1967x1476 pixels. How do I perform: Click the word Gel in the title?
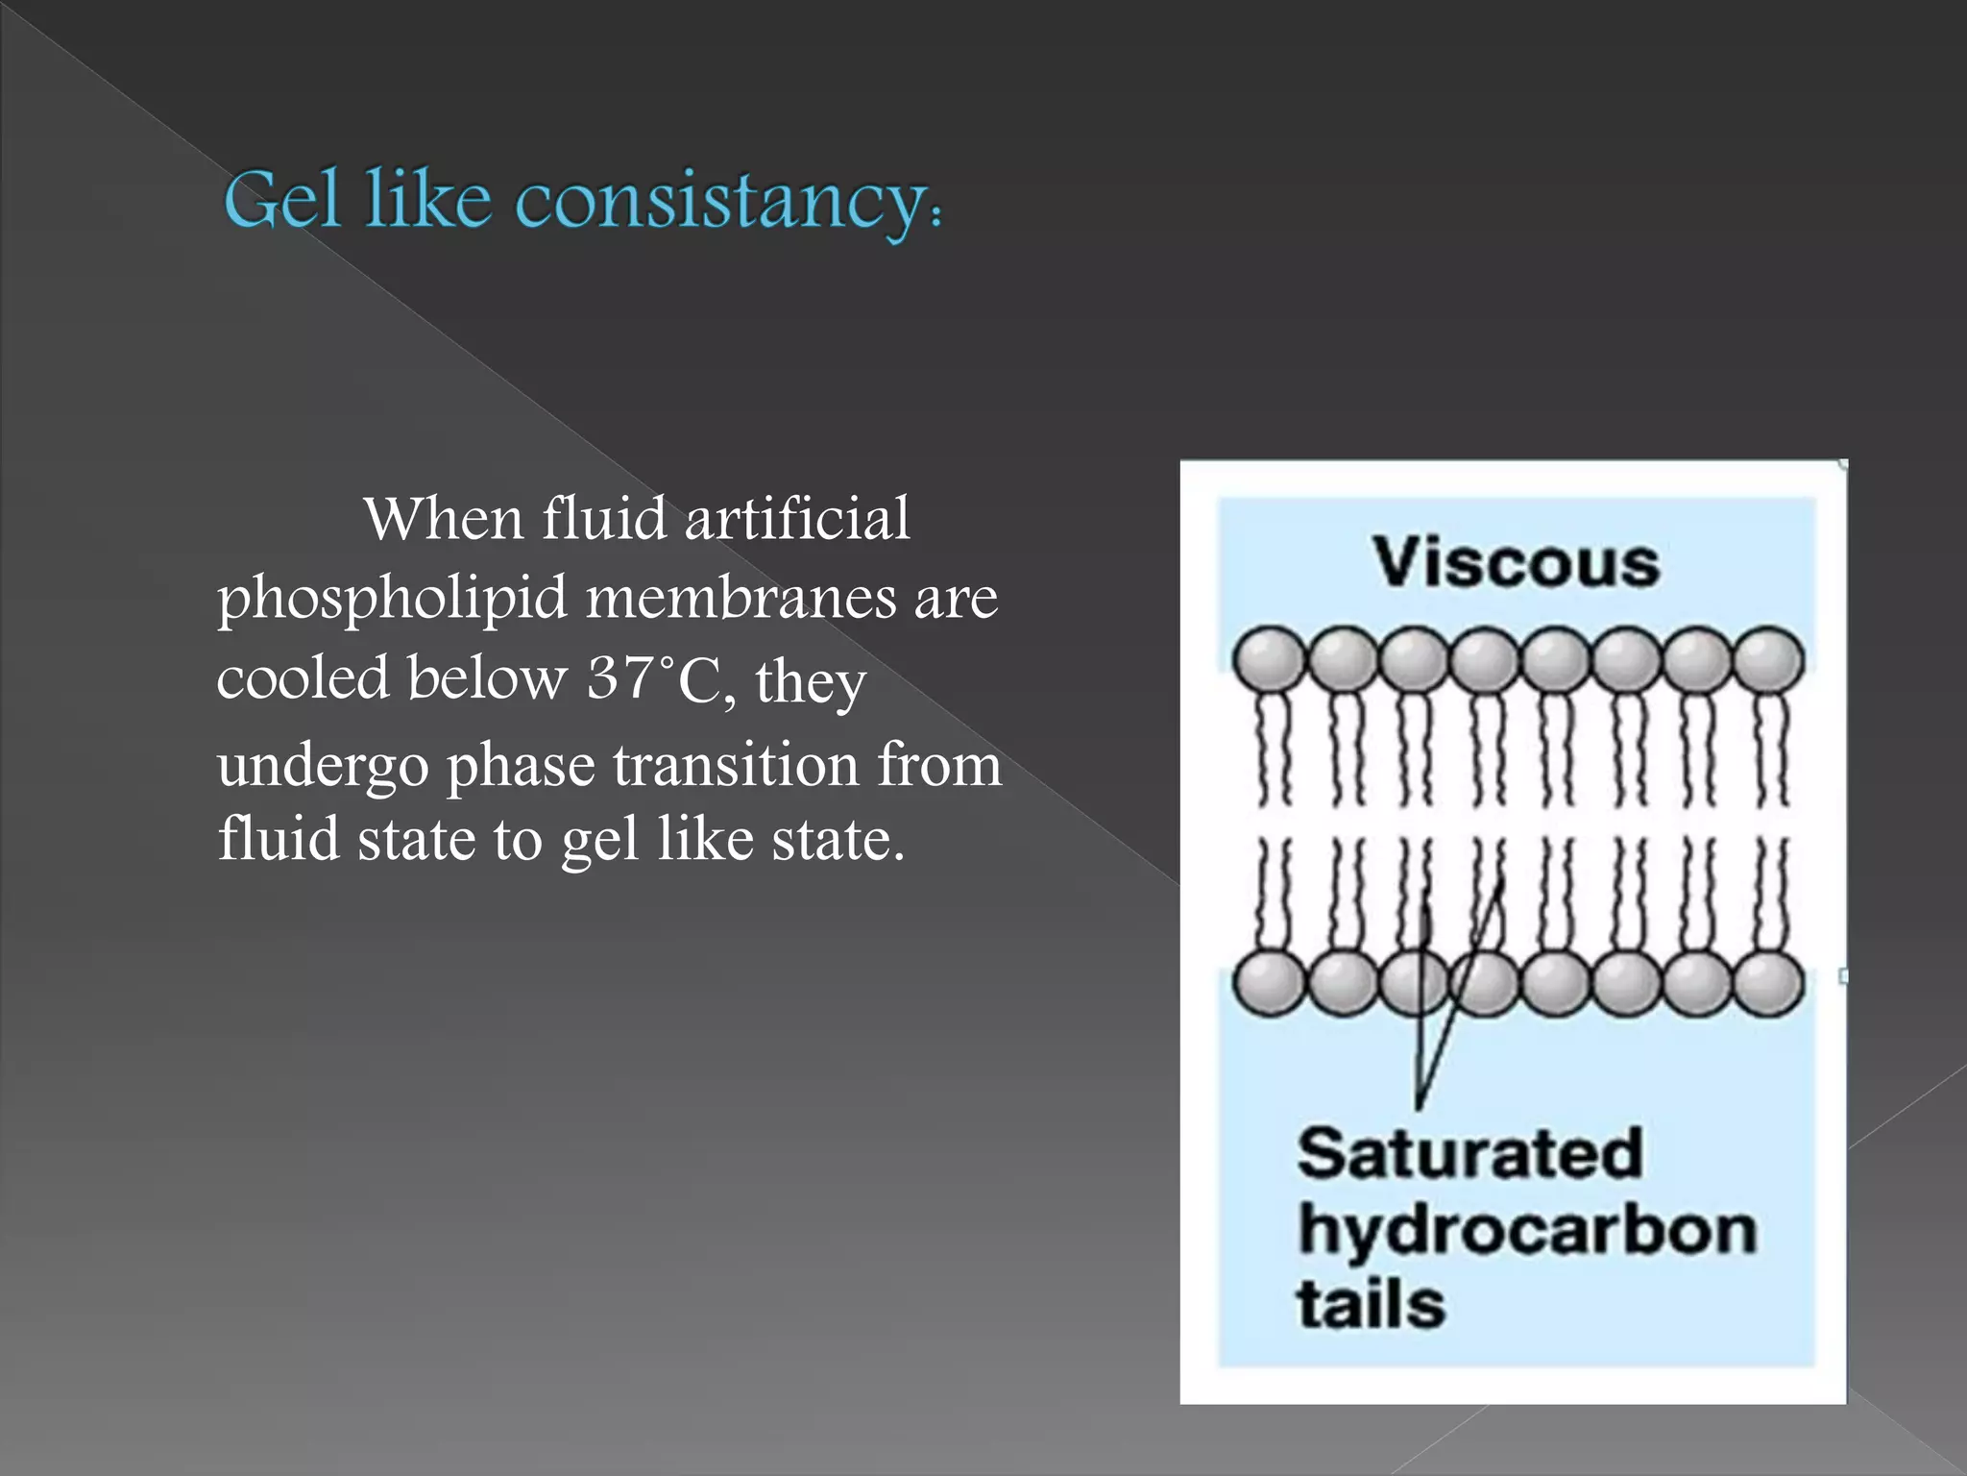[282, 199]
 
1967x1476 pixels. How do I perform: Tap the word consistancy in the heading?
[720, 202]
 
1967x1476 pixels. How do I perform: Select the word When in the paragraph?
[444, 519]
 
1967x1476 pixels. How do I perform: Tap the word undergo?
[323, 767]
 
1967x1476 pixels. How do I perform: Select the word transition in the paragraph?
[736, 765]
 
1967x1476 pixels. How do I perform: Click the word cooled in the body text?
[303, 677]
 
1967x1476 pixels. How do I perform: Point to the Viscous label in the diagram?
[1516, 562]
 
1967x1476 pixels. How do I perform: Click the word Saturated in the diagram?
[1469, 1154]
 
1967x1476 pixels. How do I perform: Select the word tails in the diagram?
[1371, 1304]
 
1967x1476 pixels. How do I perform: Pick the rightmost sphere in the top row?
[1769, 660]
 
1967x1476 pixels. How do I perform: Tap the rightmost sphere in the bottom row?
[1769, 984]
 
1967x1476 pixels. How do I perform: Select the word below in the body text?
[487, 677]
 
